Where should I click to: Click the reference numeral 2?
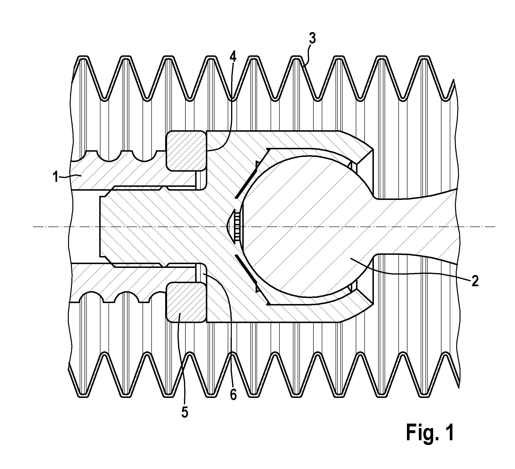coord(475,281)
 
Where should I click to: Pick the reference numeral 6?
coord(233,395)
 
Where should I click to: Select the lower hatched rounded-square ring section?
coord(186,302)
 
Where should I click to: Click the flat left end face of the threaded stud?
coord(100,227)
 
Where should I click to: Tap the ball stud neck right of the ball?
coord(416,227)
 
